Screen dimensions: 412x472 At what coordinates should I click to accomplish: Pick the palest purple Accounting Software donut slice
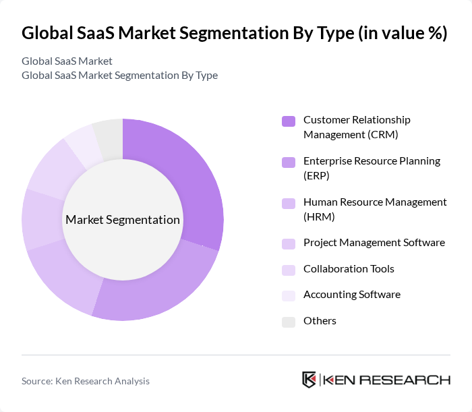pyautogui.click(x=82, y=145)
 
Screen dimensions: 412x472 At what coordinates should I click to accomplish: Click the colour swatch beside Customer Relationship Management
pyautogui.click(x=288, y=121)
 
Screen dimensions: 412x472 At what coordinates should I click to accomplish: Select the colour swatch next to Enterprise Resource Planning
pyautogui.click(x=288, y=163)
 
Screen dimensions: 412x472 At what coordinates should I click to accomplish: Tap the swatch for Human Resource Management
pyautogui.click(x=288, y=204)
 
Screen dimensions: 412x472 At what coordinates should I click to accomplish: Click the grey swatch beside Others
pyautogui.click(x=288, y=322)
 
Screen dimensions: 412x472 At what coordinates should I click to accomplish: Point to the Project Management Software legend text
pyautogui.click(x=374, y=243)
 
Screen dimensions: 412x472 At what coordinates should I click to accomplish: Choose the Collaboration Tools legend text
pyautogui.click(x=349, y=269)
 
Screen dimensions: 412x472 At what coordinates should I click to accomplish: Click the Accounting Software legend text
pyautogui.click(x=351, y=295)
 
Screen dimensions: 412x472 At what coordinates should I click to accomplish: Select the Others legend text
pyautogui.click(x=320, y=321)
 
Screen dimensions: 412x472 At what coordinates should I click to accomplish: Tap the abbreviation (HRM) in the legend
pyautogui.click(x=319, y=216)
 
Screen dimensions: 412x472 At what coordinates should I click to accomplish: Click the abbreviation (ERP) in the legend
pyautogui.click(x=317, y=175)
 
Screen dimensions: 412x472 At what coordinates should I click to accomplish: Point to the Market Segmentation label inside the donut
pyautogui.click(x=123, y=220)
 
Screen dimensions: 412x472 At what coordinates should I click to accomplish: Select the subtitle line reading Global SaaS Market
pyautogui.click(x=67, y=61)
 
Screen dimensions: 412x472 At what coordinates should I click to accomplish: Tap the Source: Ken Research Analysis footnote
pyautogui.click(x=86, y=381)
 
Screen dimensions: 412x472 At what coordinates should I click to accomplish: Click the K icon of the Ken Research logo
pyautogui.click(x=309, y=380)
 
